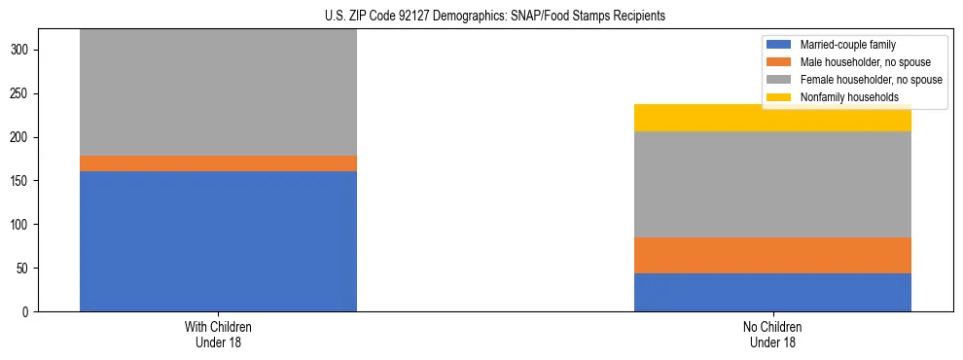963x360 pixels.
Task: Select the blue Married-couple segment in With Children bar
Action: pyautogui.click(x=218, y=240)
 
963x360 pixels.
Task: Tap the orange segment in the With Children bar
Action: pyautogui.click(x=218, y=163)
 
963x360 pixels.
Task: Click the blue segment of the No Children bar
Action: pyautogui.click(x=772, y=292)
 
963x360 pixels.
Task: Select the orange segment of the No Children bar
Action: pyautogui.click(x=772, y=255)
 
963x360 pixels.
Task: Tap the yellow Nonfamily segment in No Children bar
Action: pyautogui.click(x=772, y=118)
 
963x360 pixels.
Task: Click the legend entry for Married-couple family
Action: pyautogui.click(x=847, y=45)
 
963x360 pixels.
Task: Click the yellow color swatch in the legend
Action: pyautogui.click(x=779, y=97)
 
